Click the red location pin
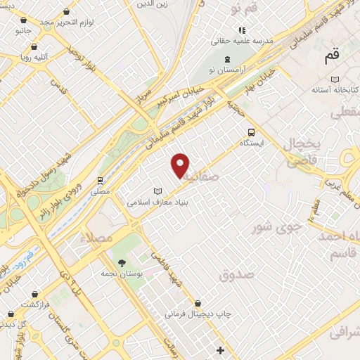point(181,165)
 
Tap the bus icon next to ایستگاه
point(251,131)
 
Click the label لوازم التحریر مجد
point(67,22)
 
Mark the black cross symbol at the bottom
point(221,349)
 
